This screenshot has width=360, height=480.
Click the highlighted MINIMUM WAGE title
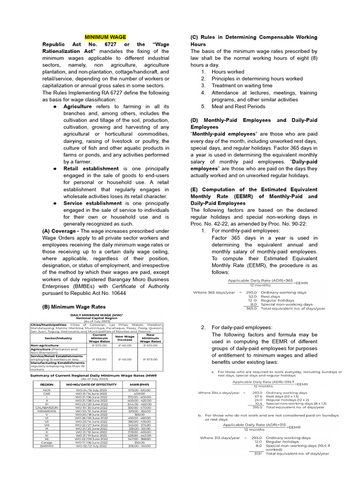point(105,37)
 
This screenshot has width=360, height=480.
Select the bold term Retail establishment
point(91,168)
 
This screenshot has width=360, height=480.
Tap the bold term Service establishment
point(92,203)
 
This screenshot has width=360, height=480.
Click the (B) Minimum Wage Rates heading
point(73,307)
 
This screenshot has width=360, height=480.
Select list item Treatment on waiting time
point(241,86)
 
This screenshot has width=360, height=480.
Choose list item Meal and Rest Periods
point(238,106)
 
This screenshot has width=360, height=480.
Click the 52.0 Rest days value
point(252,296)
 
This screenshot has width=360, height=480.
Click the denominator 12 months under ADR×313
point(253,429)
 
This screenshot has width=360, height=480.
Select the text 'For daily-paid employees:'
point(241,327)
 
